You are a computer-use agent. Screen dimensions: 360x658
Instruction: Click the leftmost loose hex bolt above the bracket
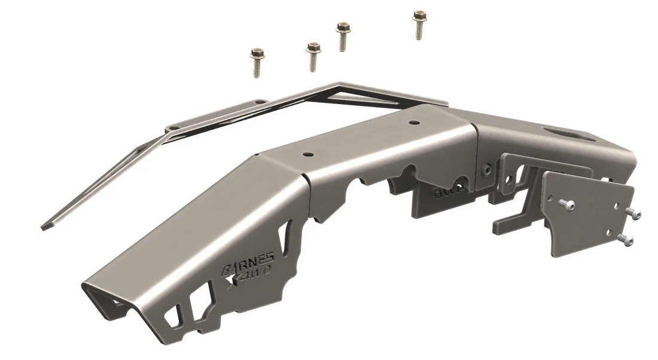click(x=258, y=62)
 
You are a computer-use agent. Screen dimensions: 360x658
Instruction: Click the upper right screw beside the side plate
click(x=634, y=214)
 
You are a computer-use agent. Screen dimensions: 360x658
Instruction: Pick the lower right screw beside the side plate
click(x=625, y=240)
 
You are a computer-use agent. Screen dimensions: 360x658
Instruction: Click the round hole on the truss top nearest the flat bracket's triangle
click(x=413, y=122)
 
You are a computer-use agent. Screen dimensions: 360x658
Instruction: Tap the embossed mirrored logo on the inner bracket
click(x=446, y=192)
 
